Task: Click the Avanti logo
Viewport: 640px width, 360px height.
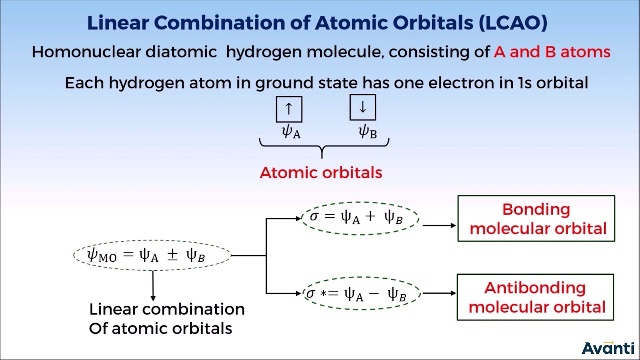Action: click(608, 348)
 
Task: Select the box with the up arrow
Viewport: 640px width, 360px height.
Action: click(289, 109)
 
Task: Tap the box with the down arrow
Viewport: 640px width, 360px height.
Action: click(362, 108)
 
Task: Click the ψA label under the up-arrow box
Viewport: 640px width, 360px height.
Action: click(291, 132)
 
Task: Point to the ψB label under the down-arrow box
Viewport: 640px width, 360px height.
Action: click(367, 132)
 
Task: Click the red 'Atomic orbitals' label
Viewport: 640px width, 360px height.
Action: click(321, 173)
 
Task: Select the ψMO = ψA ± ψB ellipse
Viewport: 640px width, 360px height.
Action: click(152, 255)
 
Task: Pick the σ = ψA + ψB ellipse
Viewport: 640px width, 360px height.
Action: click(360, 217)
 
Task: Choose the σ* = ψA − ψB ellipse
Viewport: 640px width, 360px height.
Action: click(361, 294)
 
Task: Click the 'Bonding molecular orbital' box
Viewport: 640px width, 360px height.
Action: click(536, 219)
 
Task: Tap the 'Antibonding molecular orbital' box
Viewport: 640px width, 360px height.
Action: click(535, 297)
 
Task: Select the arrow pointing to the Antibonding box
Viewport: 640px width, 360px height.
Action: click(439, 293)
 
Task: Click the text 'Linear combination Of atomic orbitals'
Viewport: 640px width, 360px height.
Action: click(166, 318)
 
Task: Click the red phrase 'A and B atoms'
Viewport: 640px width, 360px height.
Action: click(552, 52)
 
